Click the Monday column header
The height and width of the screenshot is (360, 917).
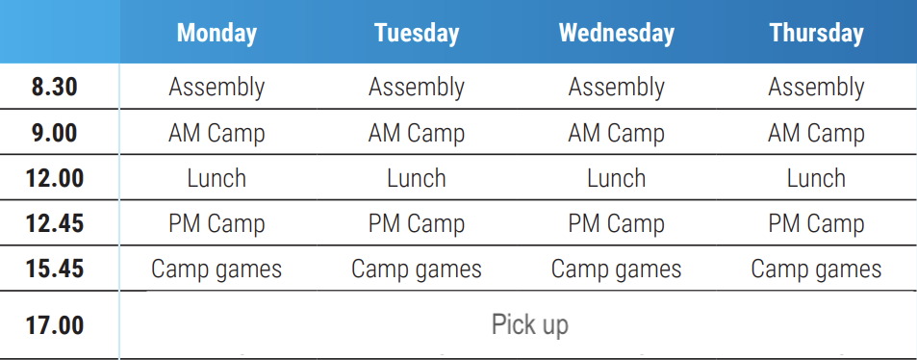tap(217, 33)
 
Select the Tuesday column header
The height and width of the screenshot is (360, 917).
tap(417, 33)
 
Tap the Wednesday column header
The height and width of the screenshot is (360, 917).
tap(617, 33)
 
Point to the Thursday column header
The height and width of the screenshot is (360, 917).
tap(816, 33)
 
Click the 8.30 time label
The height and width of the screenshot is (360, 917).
tap(55, 88)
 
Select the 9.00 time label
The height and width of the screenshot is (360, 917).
tap(55, 133)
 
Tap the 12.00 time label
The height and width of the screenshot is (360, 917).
tap(55, 178)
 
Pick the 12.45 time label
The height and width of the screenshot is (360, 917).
tap(55, 223)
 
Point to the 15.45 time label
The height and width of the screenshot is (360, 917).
tap(55, 270)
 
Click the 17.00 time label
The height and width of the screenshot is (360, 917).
tap(55, 325)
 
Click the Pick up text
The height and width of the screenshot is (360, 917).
tap(530, 325)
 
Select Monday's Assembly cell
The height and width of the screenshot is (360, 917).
tap(217, 88)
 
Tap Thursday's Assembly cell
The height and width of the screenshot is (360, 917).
tap(816, 88)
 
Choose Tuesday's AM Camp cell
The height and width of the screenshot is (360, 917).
tap(417, 134)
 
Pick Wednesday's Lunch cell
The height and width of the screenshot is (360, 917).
tap(617, 178)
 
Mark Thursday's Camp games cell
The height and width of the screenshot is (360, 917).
tap(816, 270)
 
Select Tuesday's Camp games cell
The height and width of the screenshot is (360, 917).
tap(417, 270)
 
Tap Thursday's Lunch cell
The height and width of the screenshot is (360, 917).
tap(816, 178)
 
